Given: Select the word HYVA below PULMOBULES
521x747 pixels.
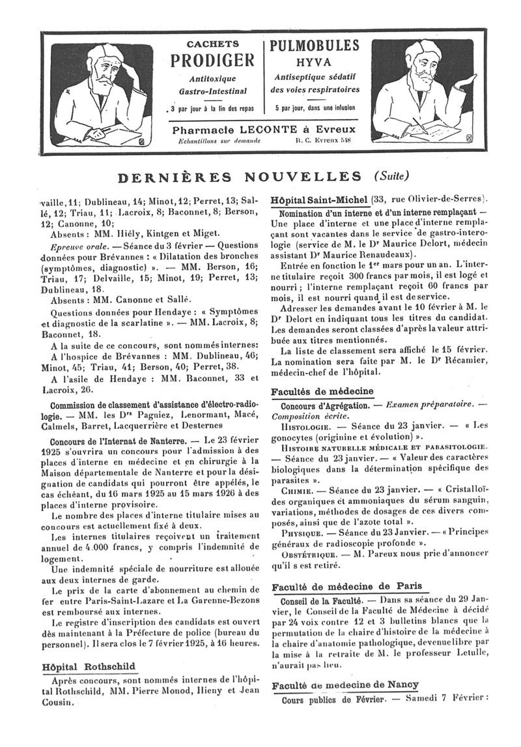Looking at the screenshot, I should (314, 62).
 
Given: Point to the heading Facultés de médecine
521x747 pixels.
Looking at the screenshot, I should (322, 391).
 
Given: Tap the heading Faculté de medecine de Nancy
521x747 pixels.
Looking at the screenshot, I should (345, 685).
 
